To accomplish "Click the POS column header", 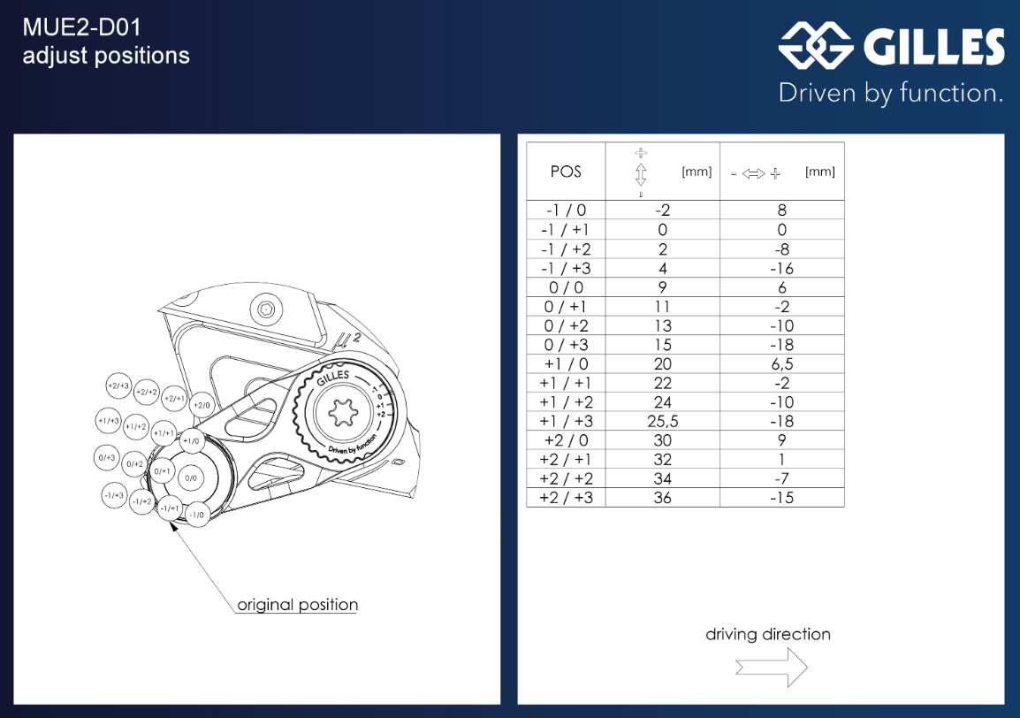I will (566, 172).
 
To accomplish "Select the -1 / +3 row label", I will (566, 268).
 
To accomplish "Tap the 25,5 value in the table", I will (663, 421).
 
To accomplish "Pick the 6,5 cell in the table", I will (781, 364).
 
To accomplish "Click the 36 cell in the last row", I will (663, 498).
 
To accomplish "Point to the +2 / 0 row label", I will (566, 440).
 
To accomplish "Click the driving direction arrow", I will (772, 667).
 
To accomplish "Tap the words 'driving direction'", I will (768, 634).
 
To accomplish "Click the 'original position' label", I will (298, 606).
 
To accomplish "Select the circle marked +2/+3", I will (118, 386).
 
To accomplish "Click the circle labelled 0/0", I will (191, 477).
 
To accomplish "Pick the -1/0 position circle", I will (197, 515).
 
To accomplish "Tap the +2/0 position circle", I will (202, 405).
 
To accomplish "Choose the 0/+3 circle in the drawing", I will (106, 457).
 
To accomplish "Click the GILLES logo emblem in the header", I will (816, 47).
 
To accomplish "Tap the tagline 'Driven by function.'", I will (890, 93).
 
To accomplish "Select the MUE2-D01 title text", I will (81, 27).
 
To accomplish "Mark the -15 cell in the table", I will (781, 498).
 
